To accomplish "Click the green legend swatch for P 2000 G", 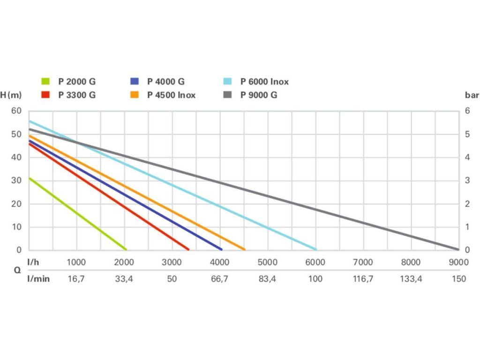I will pyautogui.click(x=45, y=81).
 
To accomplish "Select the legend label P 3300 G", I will pyautogui.click(x=77, y=95).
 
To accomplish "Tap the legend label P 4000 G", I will pyautogui.click(x=166, y=81).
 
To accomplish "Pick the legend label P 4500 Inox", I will pyautogui.click(x=171, y=95).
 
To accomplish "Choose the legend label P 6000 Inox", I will pyautogui.click(x=264, y=81).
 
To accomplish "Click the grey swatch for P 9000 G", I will pyautogui.click(x=227, y=95).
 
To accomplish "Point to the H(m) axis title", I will pyautogui.click(x=11, y=95).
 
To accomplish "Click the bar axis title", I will pyautogui.click(x=472, y=95).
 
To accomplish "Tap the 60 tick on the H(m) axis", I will pyautogui.click(x=16, y=111).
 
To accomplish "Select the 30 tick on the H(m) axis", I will pyautogui.click(x=16, y=180).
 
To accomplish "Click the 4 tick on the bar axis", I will pyautogui.click(x=467, y=157).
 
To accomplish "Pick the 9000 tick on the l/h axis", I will pyautogui.click(x=458, y=262).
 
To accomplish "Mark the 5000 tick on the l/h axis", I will pyautogui.click(x=268, y=262).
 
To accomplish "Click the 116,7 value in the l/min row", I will pyautogui.click(x=363, y=278).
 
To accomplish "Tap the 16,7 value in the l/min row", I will pyautogui.click(x=76, y=278).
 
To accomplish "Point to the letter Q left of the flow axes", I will pyautogui.click(x=17, y=270).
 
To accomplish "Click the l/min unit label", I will pyautogui.click(x=38, y=278).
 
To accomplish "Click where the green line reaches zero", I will pyautogui.click(x=126, y=249).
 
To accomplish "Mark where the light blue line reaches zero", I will pyautogui.click(x=316, y=249).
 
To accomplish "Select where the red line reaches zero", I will pyautogui.click(x=188, y=249).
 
